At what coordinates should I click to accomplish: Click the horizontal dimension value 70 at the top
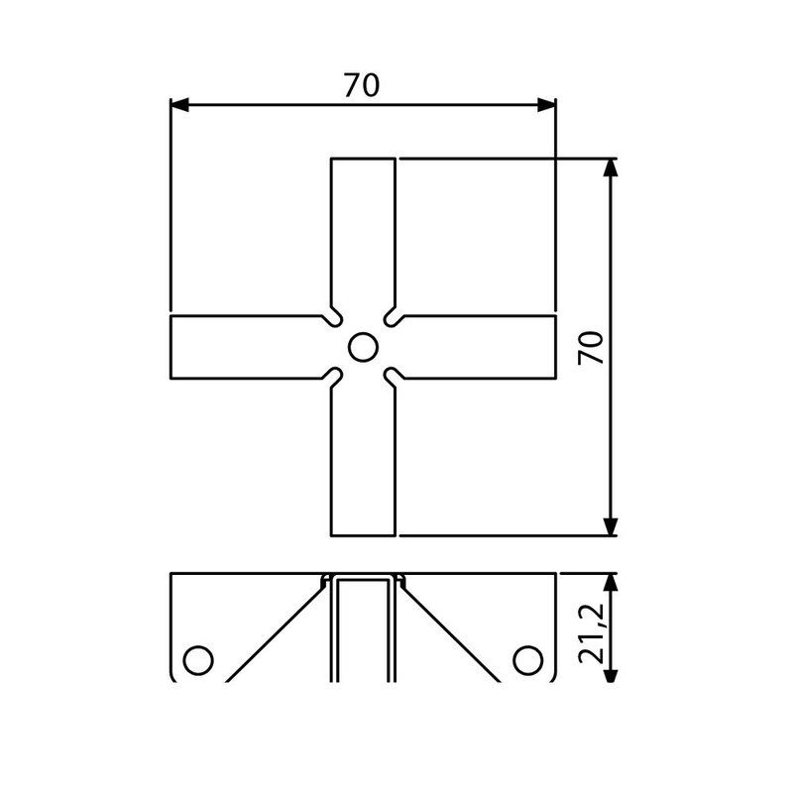[x=363, y=86]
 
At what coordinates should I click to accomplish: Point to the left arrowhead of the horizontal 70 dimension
[x=179, y=105]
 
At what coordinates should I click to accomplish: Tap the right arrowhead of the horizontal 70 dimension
[x=546, y=105]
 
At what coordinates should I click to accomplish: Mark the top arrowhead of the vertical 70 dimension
[x=612, y=168]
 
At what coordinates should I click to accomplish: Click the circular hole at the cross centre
[x=362, y=347]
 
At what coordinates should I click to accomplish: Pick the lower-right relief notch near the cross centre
[x=392, y=376]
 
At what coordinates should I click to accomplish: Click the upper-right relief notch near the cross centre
[x=392, y=318]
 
